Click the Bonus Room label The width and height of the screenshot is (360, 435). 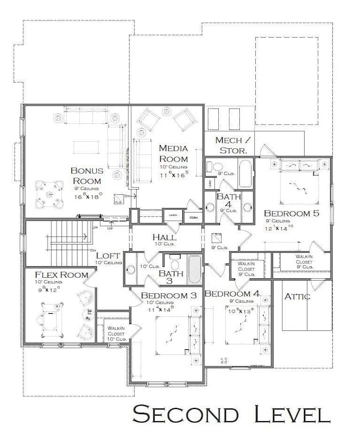(x=86, y=176)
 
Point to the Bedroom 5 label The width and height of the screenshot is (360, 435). (x=291, y=213)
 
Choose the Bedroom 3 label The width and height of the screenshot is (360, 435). (x=168, y=296)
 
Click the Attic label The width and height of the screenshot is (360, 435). (x=297, y=296)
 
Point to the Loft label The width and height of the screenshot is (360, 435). (x=108, y=256)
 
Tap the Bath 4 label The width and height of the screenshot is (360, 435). (x=227, y=201)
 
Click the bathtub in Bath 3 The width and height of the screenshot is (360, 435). (x=194, y=270)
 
